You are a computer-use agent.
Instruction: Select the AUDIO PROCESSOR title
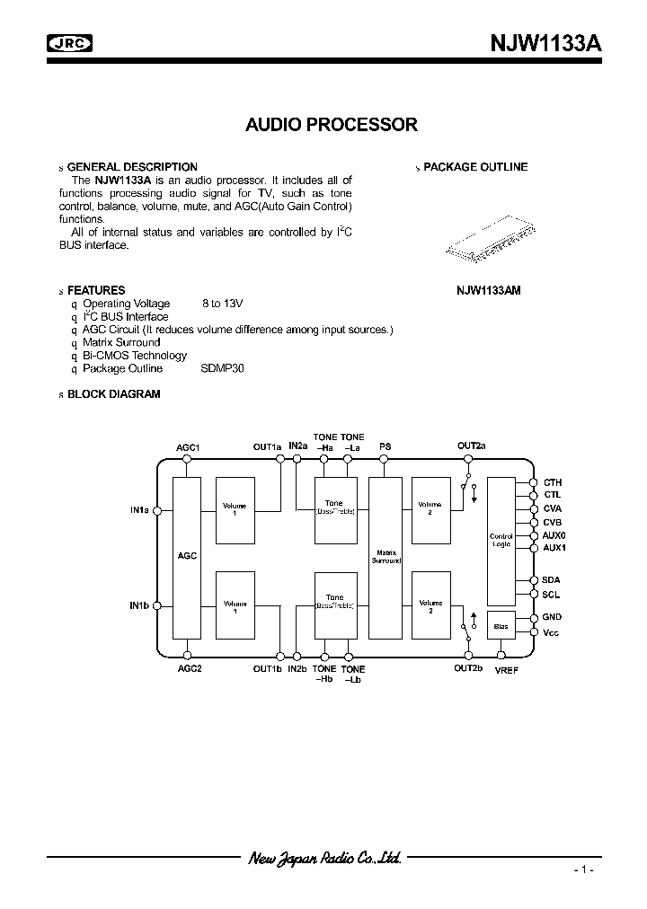point(332,125)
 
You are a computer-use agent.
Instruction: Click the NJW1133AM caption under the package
point(488,291)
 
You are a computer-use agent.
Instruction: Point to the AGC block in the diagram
point(187,557)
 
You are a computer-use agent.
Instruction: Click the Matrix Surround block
point(386,557)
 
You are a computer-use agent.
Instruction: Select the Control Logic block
point(501,540)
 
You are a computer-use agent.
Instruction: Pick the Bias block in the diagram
point(501,625)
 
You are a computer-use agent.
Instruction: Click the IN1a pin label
point(138,510)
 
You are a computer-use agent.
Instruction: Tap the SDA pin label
point(551,580)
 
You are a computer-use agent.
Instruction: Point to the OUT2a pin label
point(471,446)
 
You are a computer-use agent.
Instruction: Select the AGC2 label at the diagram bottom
point(189,669)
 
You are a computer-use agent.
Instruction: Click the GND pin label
point(552,617)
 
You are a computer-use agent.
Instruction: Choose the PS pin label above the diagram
point(385,446)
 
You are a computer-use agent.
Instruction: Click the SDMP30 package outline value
point(223,368)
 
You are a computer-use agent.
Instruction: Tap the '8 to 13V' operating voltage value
point(223,304)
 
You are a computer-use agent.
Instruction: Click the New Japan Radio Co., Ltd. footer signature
point(324,859)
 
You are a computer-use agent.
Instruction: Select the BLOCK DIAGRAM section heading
point(113,394)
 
